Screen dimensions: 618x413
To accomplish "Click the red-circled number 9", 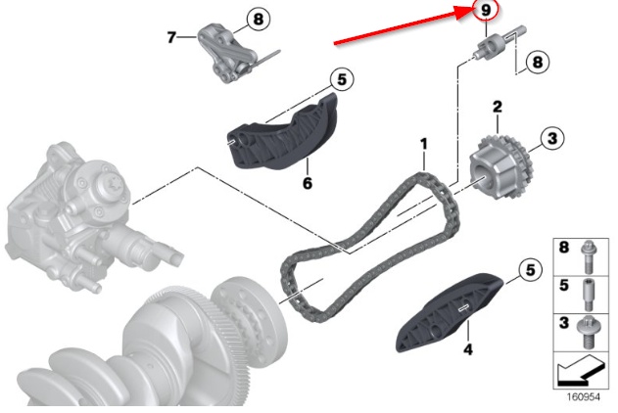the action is (x=486, y=10).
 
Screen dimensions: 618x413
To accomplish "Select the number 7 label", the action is (x=171, y=37).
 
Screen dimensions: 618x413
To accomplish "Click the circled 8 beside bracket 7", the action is (x=259, y=19).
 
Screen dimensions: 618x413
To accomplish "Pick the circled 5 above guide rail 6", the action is (x=342, y=79).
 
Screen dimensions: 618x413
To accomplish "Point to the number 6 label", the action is (x=308, y=183).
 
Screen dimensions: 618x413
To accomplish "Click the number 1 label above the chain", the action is (x=424, y=144).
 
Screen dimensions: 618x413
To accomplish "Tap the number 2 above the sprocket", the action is (x=498, y=107).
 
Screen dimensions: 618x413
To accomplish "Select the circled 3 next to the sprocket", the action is (x=552, y=138).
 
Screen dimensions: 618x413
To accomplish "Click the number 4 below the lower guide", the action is (x=468, y=348).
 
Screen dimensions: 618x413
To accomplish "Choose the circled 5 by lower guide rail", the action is (x=531, y=270).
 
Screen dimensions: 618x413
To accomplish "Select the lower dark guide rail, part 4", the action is (x=450, y=313).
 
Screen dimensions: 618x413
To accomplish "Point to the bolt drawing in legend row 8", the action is (x=588, y=256).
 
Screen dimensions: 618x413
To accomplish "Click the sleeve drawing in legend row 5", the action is (x=588, y=295).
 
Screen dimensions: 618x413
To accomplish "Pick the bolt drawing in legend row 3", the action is (x=588, y=332).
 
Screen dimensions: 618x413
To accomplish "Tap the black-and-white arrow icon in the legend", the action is (x=580, y=370).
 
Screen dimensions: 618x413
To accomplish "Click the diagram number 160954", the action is (x=584, y=397).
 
